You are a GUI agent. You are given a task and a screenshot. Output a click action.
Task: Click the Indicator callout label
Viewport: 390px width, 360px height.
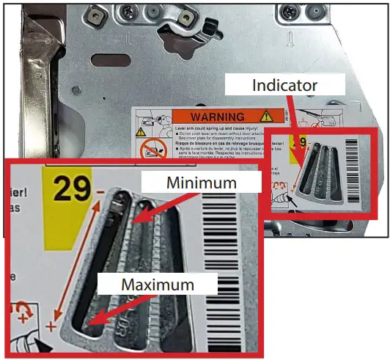click(284, 86)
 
